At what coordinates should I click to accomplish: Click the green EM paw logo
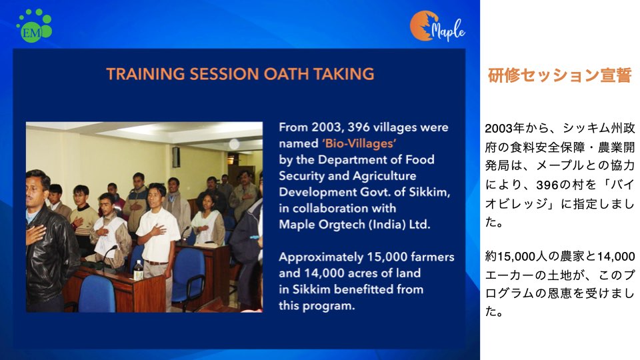click(34, 25)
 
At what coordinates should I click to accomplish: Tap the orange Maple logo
click(437, 26)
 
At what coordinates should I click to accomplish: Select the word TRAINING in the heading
click(145, 74)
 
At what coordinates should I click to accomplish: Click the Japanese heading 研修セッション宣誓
click(559, 75)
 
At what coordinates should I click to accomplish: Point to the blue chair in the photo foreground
click(95, 293)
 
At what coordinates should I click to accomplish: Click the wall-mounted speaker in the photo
click(176, 157)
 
